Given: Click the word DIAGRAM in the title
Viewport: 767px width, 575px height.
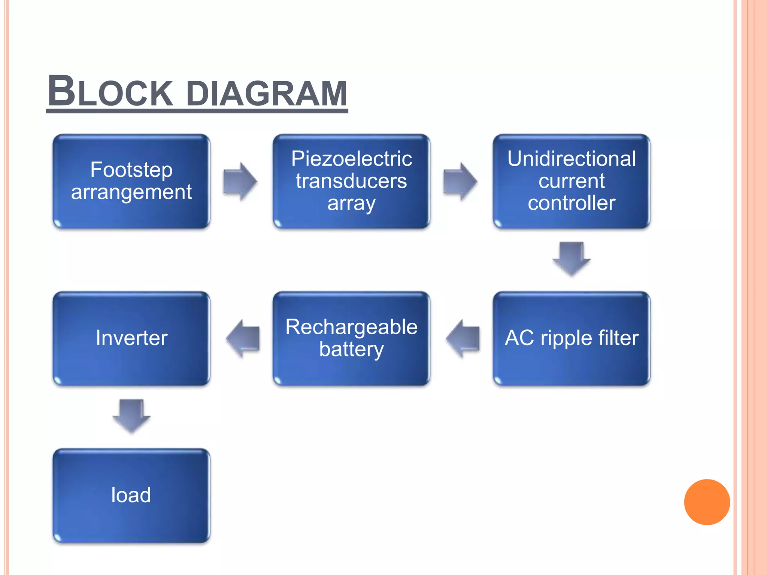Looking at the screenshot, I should (x=267, y=93).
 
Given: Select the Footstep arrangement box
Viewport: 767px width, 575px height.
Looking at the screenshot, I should (x=131, y=182).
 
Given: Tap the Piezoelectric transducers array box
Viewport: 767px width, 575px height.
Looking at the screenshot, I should (x=351, y=182).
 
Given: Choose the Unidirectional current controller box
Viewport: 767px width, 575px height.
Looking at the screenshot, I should (x=572, y=182).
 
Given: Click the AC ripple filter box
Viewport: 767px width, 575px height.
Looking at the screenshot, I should (x=572, y=338).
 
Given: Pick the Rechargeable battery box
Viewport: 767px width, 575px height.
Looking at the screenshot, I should (x=351, y=338).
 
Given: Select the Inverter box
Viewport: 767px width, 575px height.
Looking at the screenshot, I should (x=131, y=338).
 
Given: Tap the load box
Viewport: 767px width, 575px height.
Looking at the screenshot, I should (x=131, y=495).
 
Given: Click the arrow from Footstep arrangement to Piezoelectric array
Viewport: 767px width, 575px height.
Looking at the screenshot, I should (x=240, y=182).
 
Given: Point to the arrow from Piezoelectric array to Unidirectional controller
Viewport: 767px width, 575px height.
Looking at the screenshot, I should (x=460, y=182).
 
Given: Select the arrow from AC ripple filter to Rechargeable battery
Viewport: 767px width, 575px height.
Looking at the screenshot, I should (x=463, y=338).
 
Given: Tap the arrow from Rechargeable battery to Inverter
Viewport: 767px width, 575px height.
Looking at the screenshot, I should (x=243, y=338).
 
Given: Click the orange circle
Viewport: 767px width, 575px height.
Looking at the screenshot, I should (x=707, y=502).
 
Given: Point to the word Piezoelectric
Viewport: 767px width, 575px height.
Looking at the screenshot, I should (x=351, y=159).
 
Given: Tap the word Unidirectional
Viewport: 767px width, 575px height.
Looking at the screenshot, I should (x=572, y=159).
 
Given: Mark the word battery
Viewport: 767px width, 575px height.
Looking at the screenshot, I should (x=351, y=350).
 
